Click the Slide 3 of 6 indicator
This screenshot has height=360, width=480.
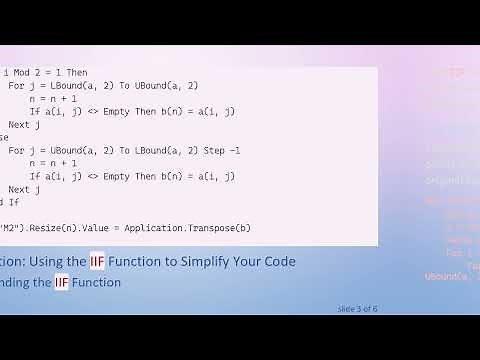pos(358,308)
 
